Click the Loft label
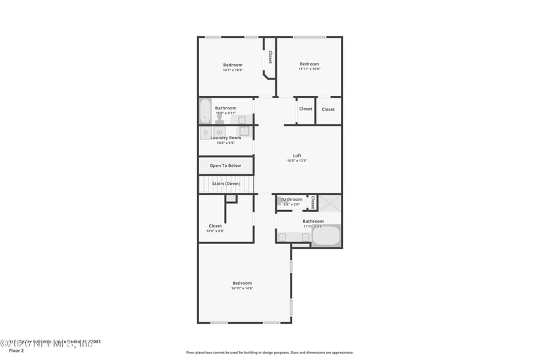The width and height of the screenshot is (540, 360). coord(297,155)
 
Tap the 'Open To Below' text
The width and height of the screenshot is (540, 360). coord(225,165)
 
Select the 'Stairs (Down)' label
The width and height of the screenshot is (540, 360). coord(226,183)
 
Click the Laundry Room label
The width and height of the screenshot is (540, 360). coord(225,138)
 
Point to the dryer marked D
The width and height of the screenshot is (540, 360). coord(205,132)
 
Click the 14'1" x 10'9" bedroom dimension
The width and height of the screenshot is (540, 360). coord(232,70)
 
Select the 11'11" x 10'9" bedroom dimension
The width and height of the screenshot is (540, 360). coord(309,69)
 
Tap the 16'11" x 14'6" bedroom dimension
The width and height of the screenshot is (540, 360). coord(242,288)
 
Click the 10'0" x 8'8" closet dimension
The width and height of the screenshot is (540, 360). coord(215,231)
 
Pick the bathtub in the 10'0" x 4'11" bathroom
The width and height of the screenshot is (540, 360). coord(205,111)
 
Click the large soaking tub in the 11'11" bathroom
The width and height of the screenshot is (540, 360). coord(327,236)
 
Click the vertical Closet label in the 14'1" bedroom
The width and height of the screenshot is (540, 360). coord(270,57)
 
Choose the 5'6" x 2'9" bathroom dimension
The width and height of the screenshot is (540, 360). coord(292,204)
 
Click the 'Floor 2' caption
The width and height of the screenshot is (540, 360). coord(16,351)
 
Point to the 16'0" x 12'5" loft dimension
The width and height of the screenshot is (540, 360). coord(297,161)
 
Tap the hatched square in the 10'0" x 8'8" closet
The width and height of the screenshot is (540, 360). coord(231,199)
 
